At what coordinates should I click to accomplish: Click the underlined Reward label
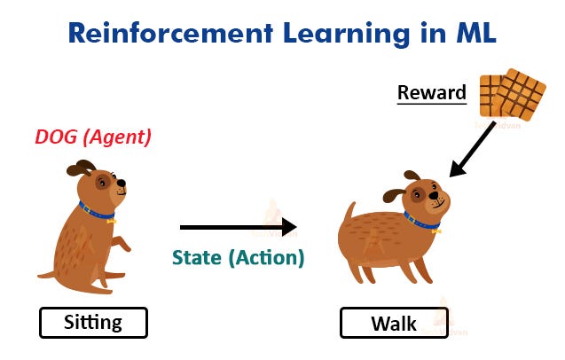[x=431, y=92]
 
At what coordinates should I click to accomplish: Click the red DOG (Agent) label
[x=93, y=137]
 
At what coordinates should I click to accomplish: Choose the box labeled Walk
[x=394, y=323]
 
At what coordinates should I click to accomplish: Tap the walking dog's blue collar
[x=421, y=221]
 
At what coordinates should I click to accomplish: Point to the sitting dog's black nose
[x=122, y=185]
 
